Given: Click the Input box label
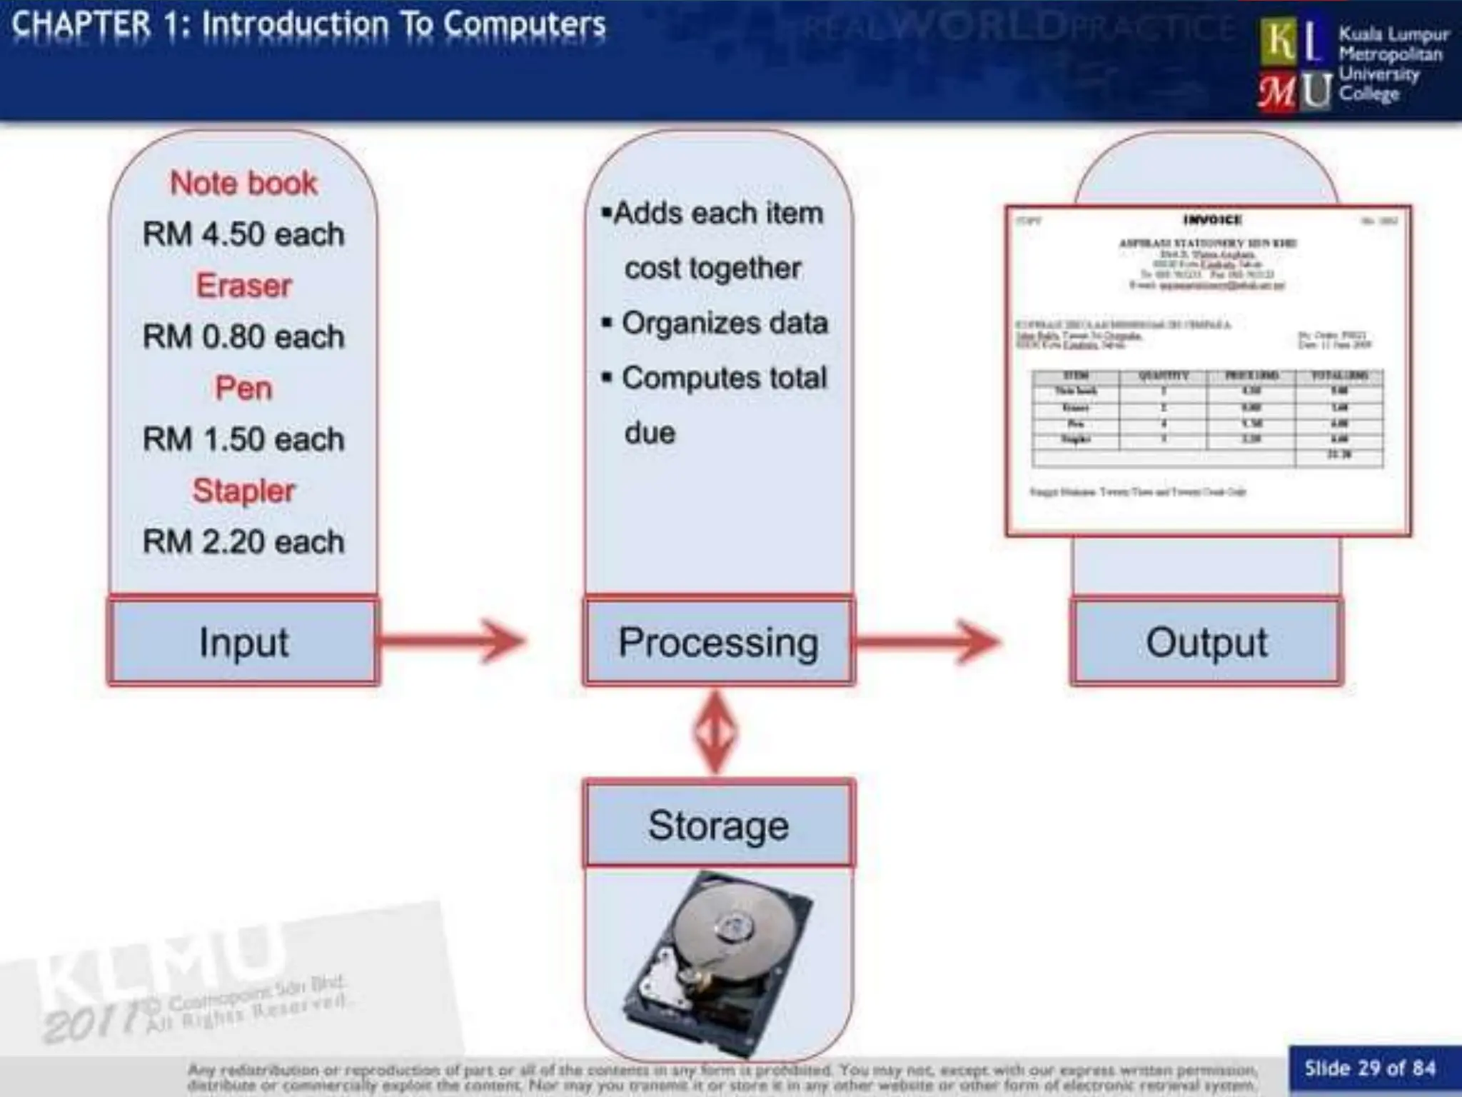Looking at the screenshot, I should (x=243, y=642).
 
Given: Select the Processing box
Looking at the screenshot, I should (x=718, y=642).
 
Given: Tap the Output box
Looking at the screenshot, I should (x=1206, y=642).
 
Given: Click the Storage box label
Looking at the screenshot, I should (x=718, y=825).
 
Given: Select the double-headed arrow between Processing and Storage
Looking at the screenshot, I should (x=716, y=732).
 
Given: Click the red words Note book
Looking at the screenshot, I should (x=243, y=184).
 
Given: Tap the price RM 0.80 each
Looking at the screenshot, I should (x=243, y=336).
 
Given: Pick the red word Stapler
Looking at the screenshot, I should (x=243, y=491).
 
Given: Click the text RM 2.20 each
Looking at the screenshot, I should (x=243, y=541).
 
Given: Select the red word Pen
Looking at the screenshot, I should (x=243, y=389).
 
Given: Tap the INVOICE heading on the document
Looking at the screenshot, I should (x=1212, y=220).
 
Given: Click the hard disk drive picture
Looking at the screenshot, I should (x=718, y=961).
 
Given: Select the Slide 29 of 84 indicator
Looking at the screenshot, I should (x=1369, y=1068).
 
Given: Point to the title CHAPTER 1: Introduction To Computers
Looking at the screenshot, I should (x=308, y=25).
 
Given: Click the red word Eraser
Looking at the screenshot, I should (x=243, y=286).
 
